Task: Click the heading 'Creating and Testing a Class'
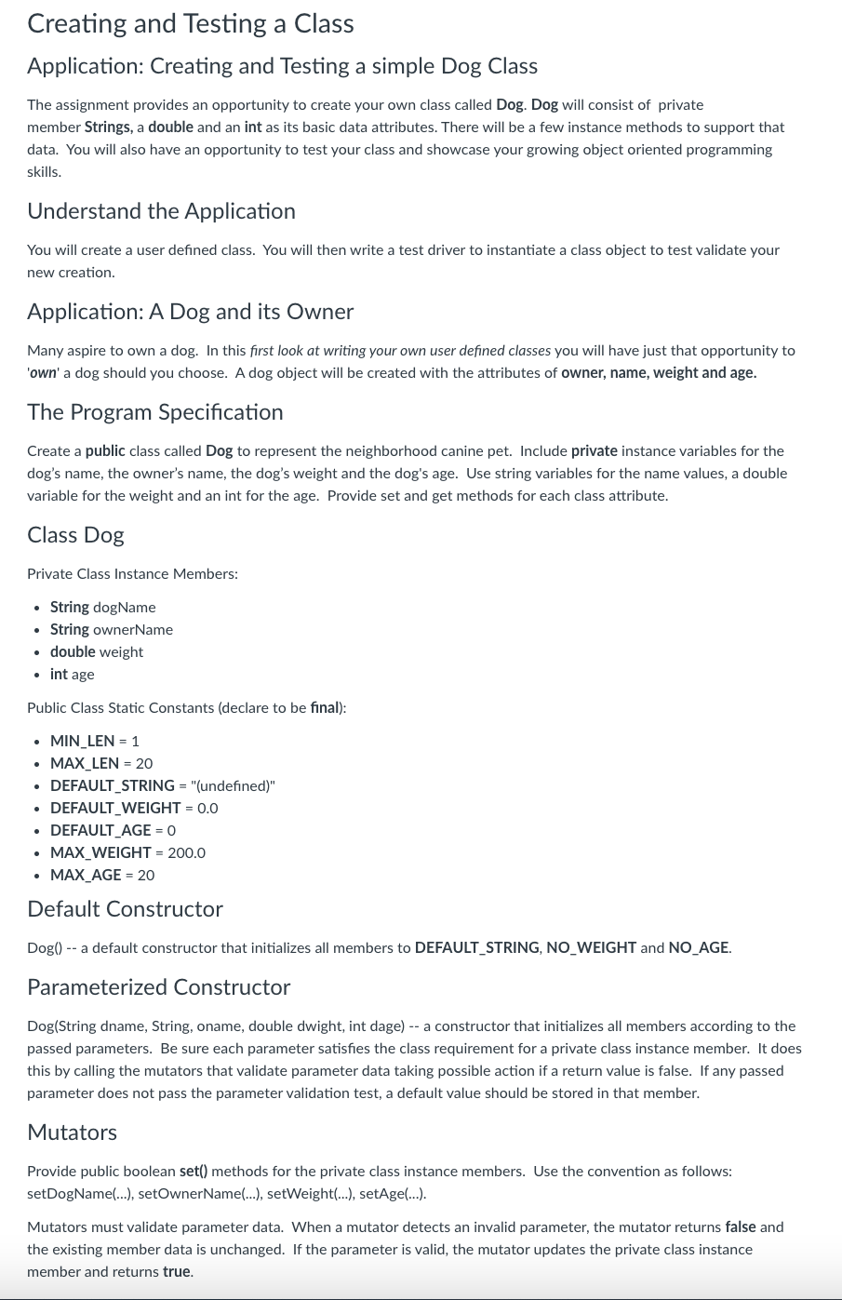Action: pyautogui.click(x=190, y=23)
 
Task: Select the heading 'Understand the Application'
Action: pyautogui.click(x=161, y=211)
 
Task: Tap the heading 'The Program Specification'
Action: pyautogui.click(x=154, y=412)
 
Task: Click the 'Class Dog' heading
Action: pyautogui.click(x=75, y=535)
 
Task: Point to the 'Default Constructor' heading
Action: pyautogui.click(x=125, y=909)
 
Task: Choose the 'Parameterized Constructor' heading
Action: pyautogui.click(x=158, y=987)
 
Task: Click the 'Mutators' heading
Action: pyautogui.click(x=72, y=1132)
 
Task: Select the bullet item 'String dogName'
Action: pyautogui.click(x=102, y=608)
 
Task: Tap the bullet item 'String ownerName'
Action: pyautogui.click(x=111, y=630)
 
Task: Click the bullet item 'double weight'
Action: pyautogui.click(x=96, y=652)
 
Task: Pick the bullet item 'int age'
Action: pyautogui.click(x=72, y=675)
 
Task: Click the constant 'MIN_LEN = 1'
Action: pyautogui.click(x=94, y=742)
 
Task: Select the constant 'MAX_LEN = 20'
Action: pyautogui.click(x=100, y=764)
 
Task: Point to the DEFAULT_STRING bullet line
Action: pyautogui.click(x=162, y=786)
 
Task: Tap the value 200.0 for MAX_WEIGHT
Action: pyautogui.click(x=186, y=853)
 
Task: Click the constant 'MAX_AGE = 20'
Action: pyautogui.click(x=101, y=876)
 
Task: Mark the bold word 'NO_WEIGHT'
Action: pyautogui.click(x=591, y=948)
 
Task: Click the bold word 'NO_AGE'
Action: pyautogui.click(x=699, y=948)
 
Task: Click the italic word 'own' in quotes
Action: pyautogui.click(x=43, y=373)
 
